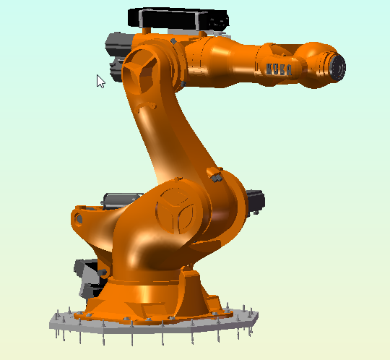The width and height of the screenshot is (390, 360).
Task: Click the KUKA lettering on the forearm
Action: pyautogui.click(x=279, y=69)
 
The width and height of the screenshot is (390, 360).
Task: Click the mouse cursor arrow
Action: pyautogui.click(x=100, y=80)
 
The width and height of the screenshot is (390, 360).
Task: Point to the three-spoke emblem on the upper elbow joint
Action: pyautogui.click(x=140, y=69)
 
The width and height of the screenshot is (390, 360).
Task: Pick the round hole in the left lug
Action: pyautogui.click(x=79, y=218)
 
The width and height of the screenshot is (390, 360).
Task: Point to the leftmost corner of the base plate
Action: pyautogui.click(x=50, y=318)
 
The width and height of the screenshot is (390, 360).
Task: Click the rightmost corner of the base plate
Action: pyautogui.click(x=261, y=317)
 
